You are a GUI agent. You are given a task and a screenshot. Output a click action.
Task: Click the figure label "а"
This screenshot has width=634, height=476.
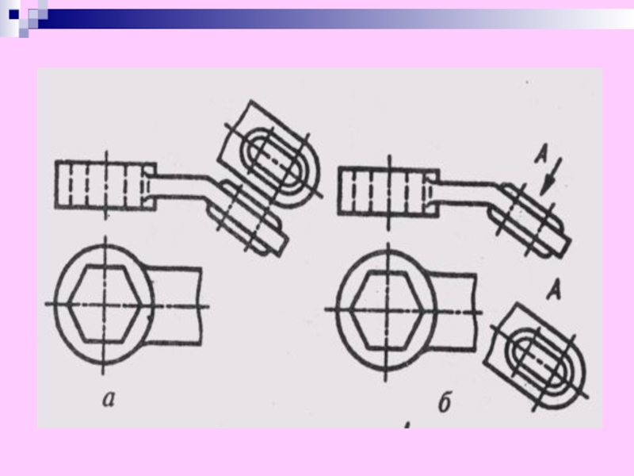(109, 399)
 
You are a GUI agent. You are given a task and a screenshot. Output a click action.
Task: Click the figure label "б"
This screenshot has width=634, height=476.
(445, 402)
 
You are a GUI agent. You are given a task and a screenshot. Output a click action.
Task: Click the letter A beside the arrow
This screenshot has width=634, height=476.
(541, 155)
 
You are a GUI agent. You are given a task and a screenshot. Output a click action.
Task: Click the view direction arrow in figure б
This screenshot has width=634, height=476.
(552, 176)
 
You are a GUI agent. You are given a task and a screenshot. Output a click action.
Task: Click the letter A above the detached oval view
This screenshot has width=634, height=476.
(554, 290)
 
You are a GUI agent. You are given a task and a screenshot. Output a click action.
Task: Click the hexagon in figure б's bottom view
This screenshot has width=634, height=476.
(386, 309)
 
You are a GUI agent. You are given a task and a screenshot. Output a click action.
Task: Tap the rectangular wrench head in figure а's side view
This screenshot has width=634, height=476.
(105, 185)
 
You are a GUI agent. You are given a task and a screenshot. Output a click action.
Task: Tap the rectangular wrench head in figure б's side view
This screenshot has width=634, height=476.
(388, 191)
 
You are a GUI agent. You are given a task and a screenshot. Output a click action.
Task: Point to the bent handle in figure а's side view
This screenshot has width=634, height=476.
(182, 186)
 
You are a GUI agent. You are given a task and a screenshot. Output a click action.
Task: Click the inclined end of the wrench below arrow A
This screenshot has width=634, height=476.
(529, 221)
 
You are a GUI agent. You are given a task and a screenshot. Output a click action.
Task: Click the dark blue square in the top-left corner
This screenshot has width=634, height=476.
(13, 14)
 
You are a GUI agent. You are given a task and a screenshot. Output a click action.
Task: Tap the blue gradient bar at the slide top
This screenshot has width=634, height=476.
(335, 19)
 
